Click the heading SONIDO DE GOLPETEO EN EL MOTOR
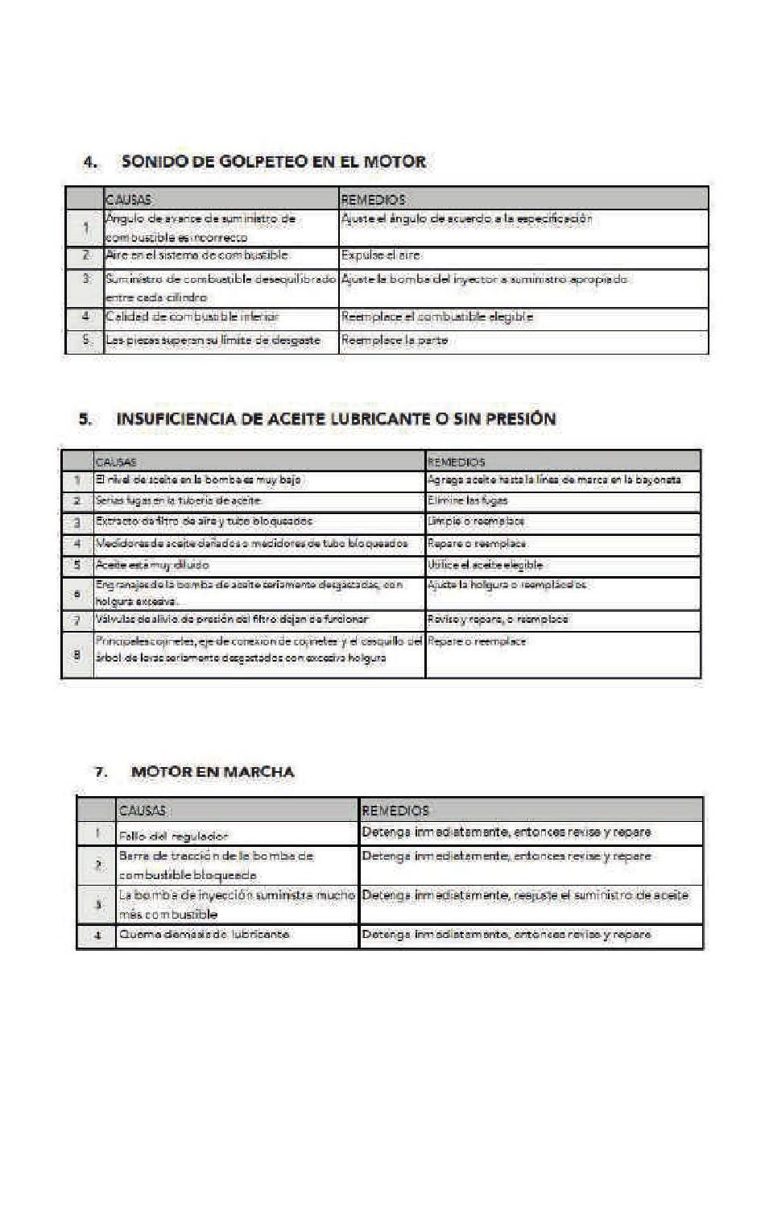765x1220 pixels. pyautogui.click(x=273, y=162)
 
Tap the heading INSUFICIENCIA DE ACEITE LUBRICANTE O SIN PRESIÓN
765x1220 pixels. pyautogui.click(x=336, y=419)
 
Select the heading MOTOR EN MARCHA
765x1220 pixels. pyautogui.click(x=213, y=772)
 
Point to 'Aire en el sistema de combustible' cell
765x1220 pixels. pyautogui.click(x=196, y=255)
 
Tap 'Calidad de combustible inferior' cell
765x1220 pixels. pyautogui.click(x=192, y=317)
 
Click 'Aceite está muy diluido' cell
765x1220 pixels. pyautogui.click(x=152, y=565)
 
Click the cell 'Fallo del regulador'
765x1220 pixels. pyautogui.click(x=174, y=836)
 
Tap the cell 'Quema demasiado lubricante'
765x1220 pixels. pyautogui.click(x=205, y=935)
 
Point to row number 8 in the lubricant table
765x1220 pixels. pyautogui.click(x=77, y=654)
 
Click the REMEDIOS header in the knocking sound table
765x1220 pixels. pyautogui.click(x=373, y=199)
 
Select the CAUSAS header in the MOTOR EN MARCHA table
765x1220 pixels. pyautogui.click(x=143, y=810)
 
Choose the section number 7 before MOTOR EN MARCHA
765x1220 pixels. pyautogui.click(x=101, y=772)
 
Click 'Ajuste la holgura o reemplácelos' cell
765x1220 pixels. pyautogui.click(x=507, y=585)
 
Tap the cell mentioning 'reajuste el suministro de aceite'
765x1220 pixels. pyautogui.click(x=525, y=895)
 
